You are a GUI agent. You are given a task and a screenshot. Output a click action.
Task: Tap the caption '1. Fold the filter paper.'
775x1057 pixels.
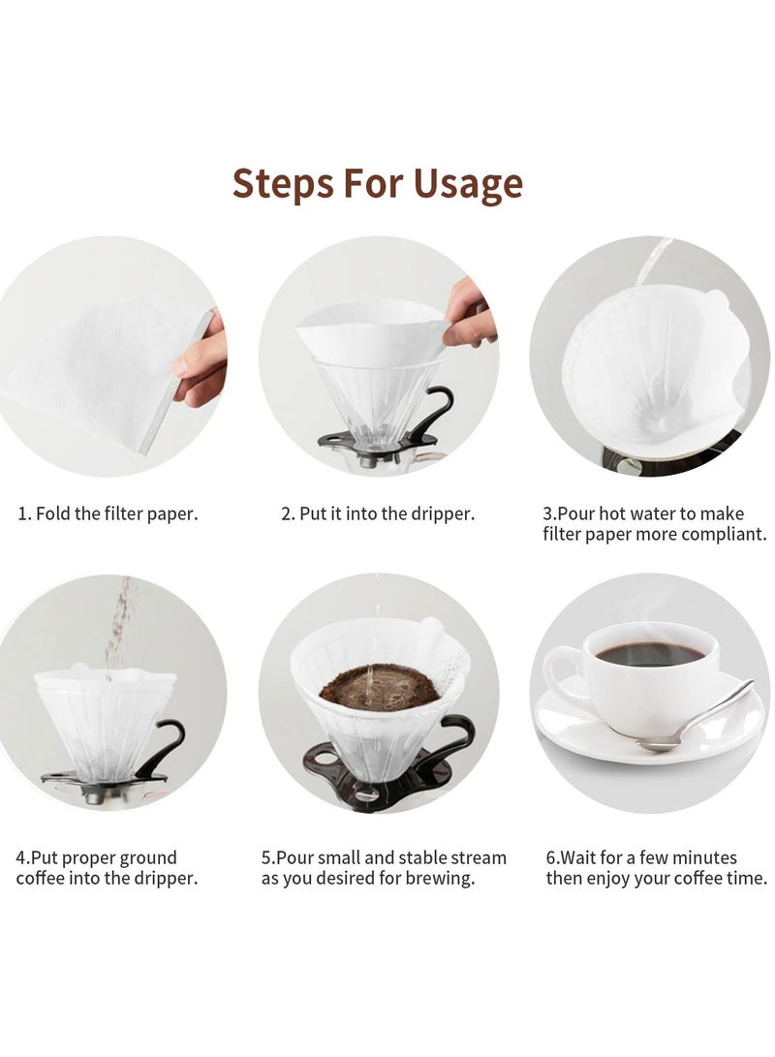coord(108,513)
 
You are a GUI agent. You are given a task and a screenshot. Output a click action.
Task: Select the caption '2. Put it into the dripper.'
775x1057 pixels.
coord(378,513)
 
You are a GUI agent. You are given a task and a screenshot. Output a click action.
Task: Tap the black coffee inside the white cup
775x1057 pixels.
coord(647,654)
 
